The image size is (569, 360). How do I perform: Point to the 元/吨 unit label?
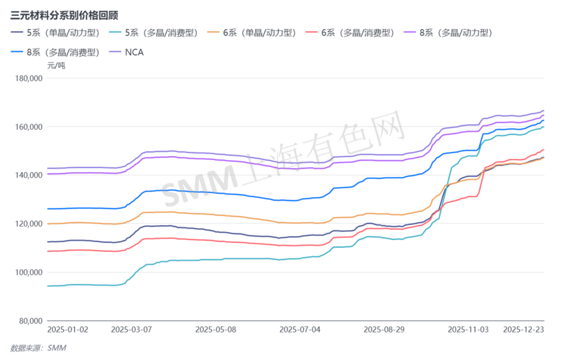click(56, 66)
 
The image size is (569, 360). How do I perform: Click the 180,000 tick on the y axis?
click(28, 78)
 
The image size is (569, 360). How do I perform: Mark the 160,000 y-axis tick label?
click(28, 127)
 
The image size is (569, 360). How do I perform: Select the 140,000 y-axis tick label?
click(28, 175)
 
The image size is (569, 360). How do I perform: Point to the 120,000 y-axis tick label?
click(28, 224)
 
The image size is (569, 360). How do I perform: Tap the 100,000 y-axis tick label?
click(28, 272)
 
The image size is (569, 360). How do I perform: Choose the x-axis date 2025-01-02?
click(67, 329)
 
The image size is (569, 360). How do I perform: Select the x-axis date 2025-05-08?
click(216, 329)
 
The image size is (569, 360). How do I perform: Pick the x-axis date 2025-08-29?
click(384, 329)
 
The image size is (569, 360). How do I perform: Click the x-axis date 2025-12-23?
click(523, 329)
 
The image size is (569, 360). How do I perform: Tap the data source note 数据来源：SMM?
click(42, 348)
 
